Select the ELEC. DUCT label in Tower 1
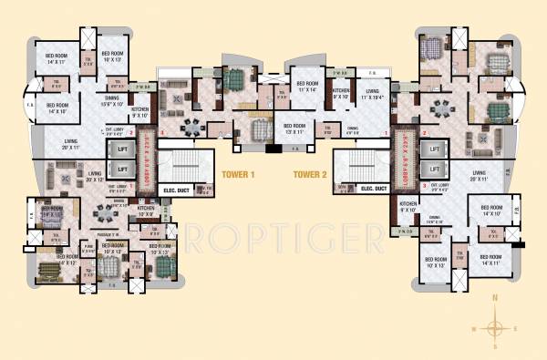pos(174,189)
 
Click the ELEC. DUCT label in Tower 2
pos(373,189)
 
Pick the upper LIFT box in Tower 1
pos(119,149)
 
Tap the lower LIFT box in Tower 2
pos(435,170)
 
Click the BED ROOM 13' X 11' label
pos(295,128)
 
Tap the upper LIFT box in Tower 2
pos(435,149)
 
